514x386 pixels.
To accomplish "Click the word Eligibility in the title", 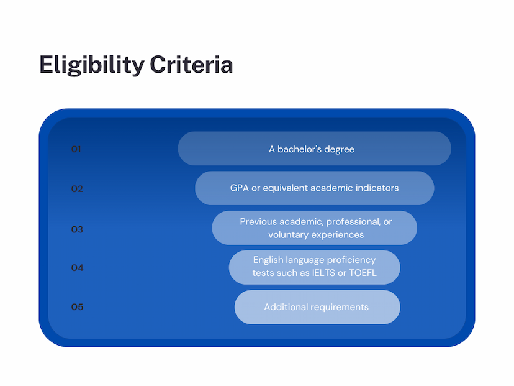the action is point(92,65).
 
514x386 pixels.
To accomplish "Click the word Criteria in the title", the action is point(191,65).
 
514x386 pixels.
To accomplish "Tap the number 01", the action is point(76,149).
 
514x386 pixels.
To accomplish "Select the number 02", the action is point(77,189).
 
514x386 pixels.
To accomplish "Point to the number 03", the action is point(77,229).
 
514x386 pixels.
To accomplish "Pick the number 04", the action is point(78,268).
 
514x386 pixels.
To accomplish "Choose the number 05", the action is point(78,307).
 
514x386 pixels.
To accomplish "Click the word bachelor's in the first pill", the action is point(300,149).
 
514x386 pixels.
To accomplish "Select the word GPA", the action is point(239,188).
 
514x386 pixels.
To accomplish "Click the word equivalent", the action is point(285,188).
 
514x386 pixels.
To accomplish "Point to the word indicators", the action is point(377,188).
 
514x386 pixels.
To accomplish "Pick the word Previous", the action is point(259,222).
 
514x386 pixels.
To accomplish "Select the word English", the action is point(268,260).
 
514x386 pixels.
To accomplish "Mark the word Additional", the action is point(286,307).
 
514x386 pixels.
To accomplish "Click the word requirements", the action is point(340,308).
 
